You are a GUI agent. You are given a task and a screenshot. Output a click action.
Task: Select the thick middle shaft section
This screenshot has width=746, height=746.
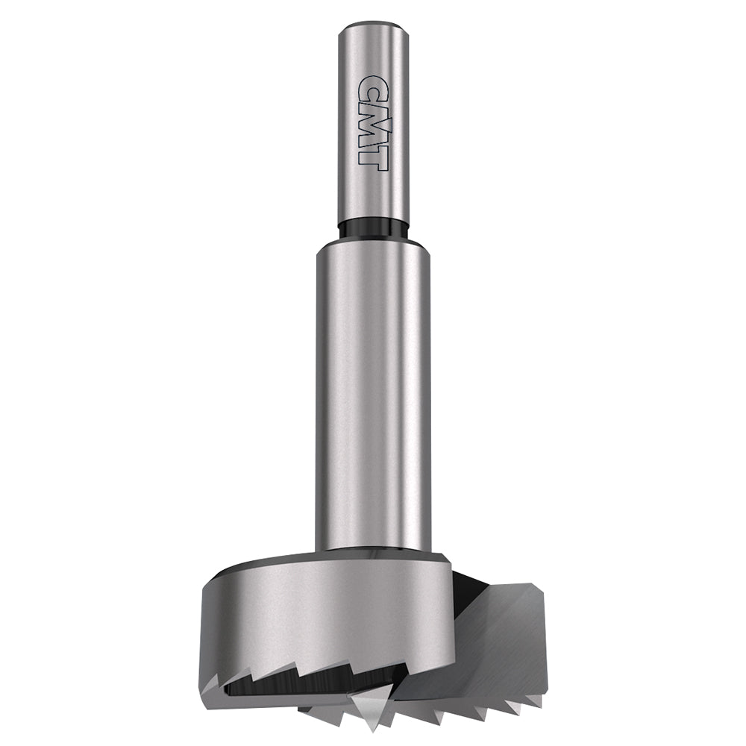pyautogui.click(x=373, y=403)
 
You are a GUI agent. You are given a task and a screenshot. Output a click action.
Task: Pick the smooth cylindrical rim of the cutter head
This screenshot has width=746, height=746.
pyautogui.click(x=321, y=612)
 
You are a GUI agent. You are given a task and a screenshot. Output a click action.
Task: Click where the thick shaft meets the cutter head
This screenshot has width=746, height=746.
pyautogui.click(x=373, y=551)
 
